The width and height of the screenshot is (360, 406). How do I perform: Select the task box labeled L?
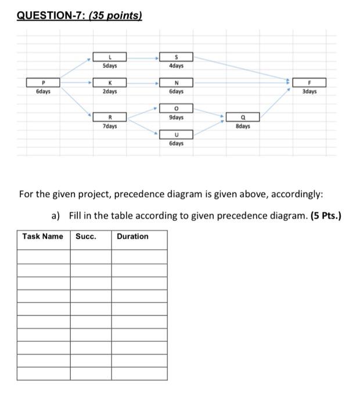coord(110,57)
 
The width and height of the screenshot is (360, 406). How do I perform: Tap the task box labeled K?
coord(110,83)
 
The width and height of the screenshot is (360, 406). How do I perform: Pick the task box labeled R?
coord(110,117)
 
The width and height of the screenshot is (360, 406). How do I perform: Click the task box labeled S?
coord(177,57)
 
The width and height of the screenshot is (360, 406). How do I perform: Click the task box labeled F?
coord(309,83)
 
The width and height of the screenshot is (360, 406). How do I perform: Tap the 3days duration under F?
coord(309,92)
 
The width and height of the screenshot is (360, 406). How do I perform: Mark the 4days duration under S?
coord(177,66)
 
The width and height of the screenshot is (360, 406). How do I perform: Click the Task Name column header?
coord(43,237)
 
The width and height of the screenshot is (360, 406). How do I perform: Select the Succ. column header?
coord(86,237)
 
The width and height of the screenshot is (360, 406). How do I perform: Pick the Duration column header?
coord(132,237)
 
